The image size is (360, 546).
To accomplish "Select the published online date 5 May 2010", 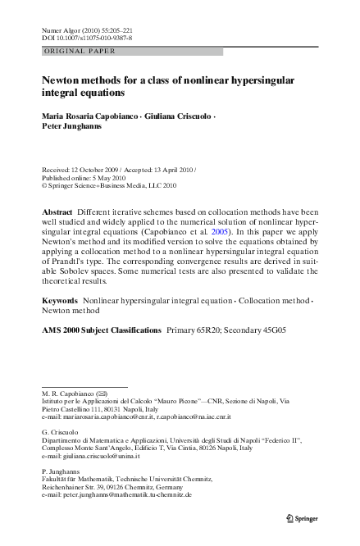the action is coord(101,177).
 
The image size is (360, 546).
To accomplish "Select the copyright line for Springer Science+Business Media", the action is coord(97,185).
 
